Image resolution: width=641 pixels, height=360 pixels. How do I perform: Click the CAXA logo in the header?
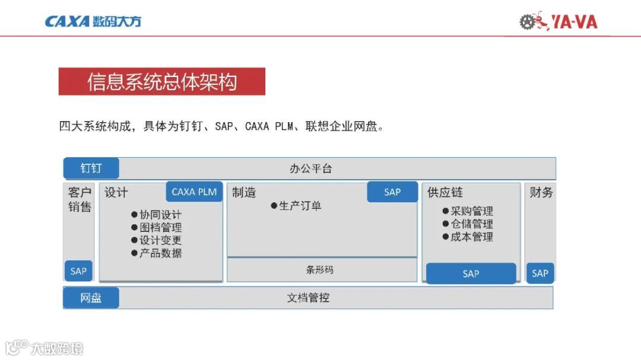93,22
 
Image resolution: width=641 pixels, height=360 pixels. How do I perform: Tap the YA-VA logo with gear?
559,22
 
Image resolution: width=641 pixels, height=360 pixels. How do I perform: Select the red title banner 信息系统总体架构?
161,81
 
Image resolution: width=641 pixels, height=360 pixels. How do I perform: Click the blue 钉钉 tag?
91,168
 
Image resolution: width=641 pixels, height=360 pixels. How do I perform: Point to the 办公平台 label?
310,168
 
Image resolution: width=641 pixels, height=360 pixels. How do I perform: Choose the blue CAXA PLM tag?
194,192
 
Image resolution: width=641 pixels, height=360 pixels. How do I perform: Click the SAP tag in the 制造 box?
392,192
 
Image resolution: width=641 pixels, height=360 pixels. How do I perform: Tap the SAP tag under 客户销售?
78,271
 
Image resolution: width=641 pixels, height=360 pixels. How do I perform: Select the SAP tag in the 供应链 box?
471,273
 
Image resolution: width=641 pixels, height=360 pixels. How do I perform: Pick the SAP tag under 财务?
540,273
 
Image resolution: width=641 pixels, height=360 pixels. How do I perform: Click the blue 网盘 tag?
91,298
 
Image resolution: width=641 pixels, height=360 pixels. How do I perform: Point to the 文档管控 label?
308,298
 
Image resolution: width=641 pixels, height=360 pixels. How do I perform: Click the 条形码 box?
322,270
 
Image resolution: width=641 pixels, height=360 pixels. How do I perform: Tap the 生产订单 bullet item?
296,206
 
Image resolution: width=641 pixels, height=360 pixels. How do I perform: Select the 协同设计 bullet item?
157,215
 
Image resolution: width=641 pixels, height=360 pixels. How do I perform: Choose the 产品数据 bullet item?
157,253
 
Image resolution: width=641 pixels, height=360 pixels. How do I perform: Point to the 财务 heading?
541,192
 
